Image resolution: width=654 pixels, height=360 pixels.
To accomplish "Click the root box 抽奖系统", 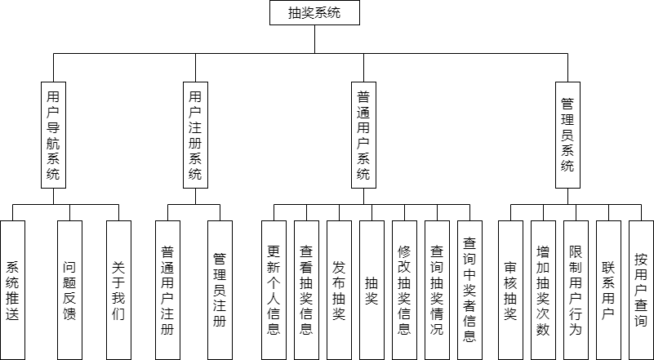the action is [x=314, y=13].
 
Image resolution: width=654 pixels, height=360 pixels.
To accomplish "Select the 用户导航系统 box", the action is [x=54, y=135].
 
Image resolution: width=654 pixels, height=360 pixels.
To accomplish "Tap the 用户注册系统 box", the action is [x=194, y=135].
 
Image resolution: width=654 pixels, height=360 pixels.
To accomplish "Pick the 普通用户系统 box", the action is [x=363, y=135].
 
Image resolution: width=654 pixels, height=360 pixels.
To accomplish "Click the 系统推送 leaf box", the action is [x=13, y=290].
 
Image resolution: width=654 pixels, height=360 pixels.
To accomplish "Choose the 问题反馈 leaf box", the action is [x=70, y=290].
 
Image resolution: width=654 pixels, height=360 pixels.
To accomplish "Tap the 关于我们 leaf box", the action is [x=119, y=290].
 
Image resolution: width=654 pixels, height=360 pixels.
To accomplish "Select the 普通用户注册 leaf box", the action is [x=167, y=290].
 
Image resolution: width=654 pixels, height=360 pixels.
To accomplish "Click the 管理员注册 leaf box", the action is [x=218, y=290].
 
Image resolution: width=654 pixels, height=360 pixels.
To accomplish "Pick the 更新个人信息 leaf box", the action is [x=274, y=290].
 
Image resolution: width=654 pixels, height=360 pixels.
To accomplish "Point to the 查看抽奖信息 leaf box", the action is [x=306, y=290].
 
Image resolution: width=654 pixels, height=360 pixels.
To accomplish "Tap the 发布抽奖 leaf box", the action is [x=339, y=290].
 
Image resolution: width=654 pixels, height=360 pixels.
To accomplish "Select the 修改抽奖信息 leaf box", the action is [x=404, y=290].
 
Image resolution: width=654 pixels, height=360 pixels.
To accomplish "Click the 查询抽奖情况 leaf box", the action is [x=437, y=290].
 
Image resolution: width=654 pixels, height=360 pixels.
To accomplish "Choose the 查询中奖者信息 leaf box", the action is [x=469, y=290].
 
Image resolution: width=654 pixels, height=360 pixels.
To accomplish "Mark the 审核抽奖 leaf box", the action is [x=511, y=290].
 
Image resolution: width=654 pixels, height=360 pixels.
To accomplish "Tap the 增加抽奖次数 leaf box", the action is [x=543, y=290].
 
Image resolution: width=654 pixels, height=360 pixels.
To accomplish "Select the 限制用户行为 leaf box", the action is [x=576, y=290].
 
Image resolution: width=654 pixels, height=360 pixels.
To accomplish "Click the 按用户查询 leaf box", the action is [x=641, y=290].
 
